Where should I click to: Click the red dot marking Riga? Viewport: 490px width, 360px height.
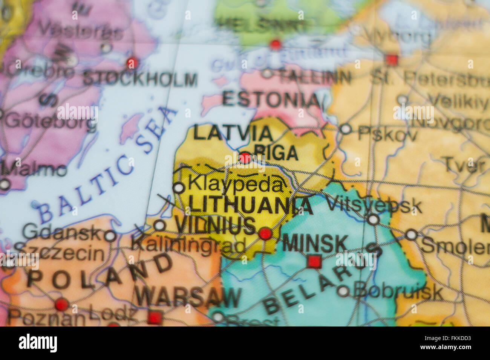point(245,158)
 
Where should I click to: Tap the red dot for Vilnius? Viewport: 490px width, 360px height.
point(265,233)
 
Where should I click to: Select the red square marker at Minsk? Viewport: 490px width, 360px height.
point(314,261)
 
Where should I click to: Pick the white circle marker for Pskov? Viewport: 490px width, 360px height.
point(345,129)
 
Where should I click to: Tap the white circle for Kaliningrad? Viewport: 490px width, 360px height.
point(160,226)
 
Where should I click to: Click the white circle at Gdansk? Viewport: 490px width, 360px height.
point(110,236)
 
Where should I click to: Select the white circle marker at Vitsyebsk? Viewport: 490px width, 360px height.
point(373,219)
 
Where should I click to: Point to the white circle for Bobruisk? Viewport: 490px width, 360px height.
point(343,291)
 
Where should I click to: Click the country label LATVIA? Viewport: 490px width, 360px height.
point(233,133)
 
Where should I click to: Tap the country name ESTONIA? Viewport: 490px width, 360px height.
point(271,99)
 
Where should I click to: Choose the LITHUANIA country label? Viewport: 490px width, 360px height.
point(251,205)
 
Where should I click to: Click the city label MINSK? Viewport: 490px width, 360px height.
point(315,244)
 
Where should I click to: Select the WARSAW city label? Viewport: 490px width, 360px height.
point(188,297)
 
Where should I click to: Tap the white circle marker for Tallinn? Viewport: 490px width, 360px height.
point(267,73)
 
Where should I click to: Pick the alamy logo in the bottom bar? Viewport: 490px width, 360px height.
point(38,343)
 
